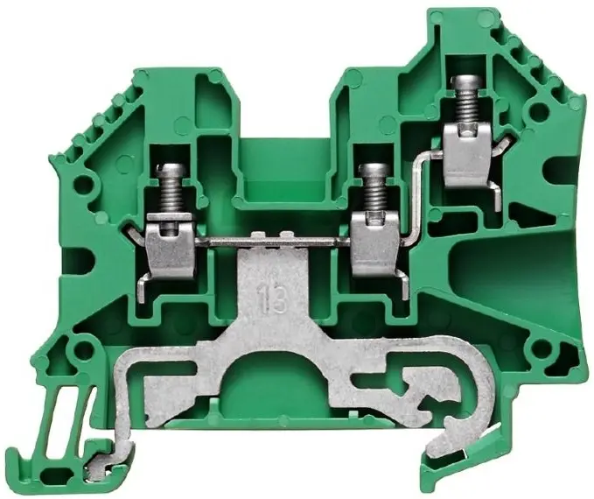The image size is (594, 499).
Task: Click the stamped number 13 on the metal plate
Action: pyautogui.click(x=271, y=299)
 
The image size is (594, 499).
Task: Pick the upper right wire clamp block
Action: pyautogui.click(x=467, y=156)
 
